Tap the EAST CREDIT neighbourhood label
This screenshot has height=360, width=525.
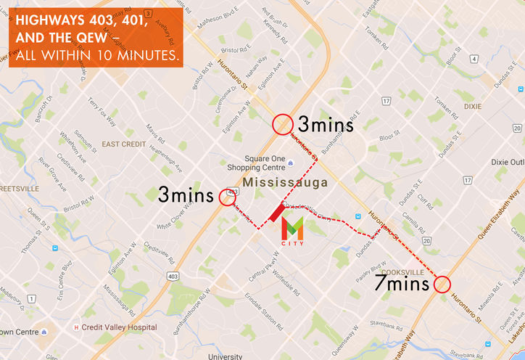tap(124, 144)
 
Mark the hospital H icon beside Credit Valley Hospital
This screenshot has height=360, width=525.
tap(76, 327)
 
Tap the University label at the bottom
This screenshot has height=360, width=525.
tap(225, 356)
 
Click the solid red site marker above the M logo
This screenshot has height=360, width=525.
tap(276, 212)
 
